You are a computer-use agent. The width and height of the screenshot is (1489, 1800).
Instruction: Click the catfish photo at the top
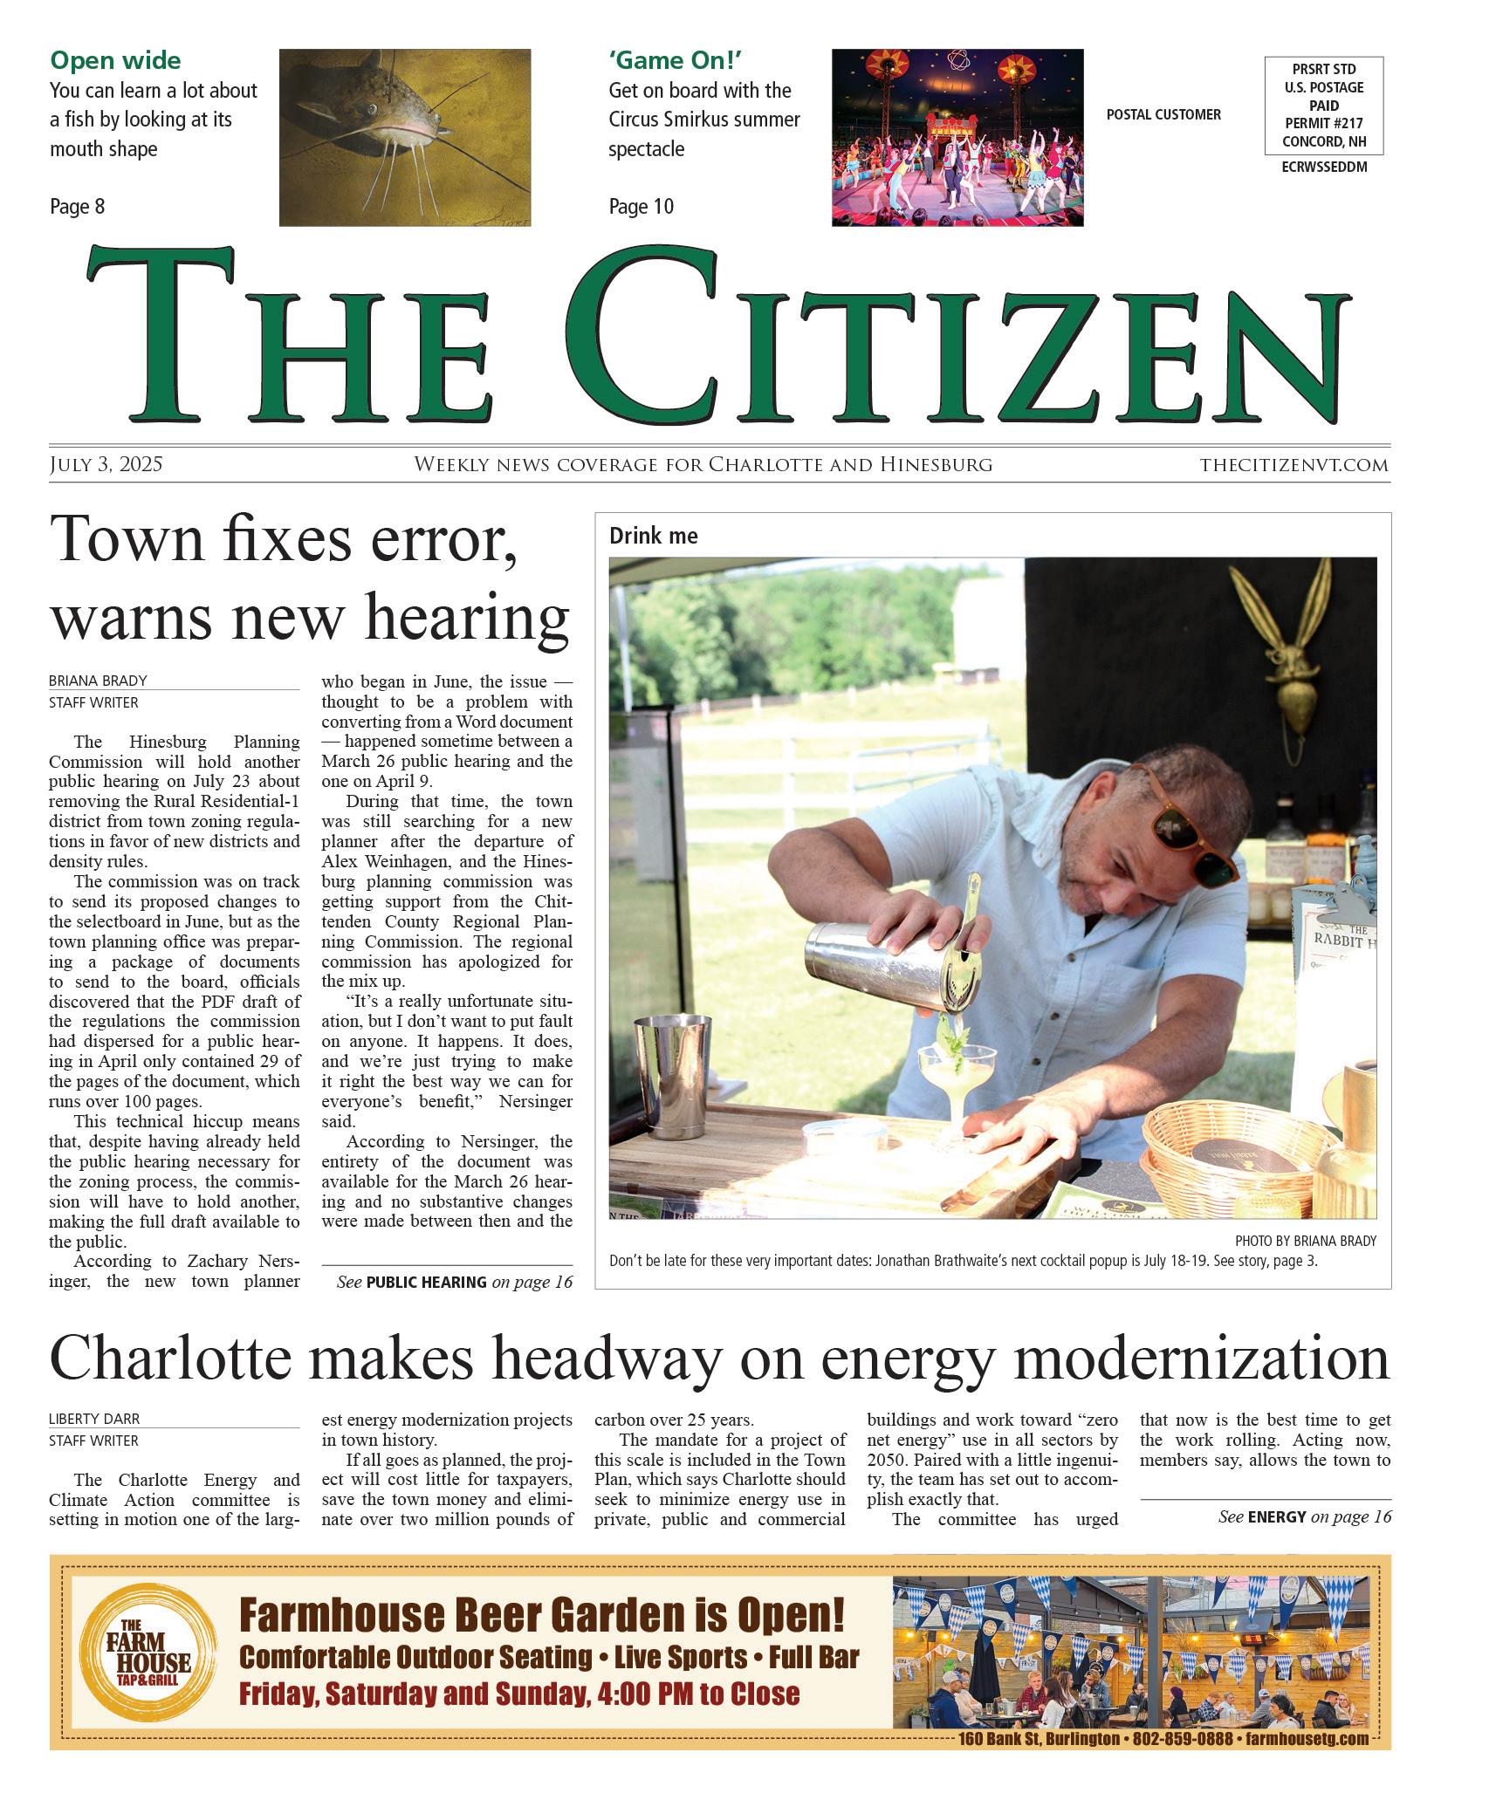tap(404, 137)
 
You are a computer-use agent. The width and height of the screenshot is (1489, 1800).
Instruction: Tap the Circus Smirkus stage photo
tap(957, 137)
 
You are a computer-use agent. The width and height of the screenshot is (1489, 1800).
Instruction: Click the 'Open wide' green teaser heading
tap(115, 60)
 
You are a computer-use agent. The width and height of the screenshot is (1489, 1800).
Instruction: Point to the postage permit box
tap(1323, 106)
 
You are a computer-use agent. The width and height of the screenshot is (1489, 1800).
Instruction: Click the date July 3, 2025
tap(106, 464)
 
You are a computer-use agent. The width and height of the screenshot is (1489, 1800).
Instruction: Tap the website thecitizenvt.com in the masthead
tap(1293, 465)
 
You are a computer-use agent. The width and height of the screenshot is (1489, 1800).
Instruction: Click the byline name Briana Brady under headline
tap(98, 681)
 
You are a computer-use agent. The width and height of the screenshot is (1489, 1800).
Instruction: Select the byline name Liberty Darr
tap(94, 1419)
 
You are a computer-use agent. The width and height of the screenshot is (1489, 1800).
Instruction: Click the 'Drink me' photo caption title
tap(653, 536)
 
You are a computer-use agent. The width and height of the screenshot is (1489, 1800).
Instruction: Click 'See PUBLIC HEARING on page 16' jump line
tap(454, 1282)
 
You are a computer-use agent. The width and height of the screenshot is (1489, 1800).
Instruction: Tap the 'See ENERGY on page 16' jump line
tap(1304, 1516)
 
